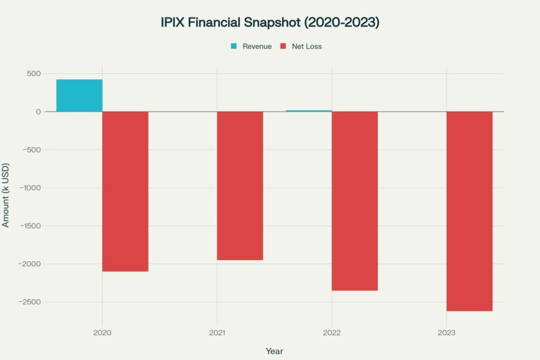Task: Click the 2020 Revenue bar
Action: click(80, 95)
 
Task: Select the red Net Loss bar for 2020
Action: click(126, 191)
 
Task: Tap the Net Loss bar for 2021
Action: click(240, 186)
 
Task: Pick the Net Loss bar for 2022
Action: click(355, 201)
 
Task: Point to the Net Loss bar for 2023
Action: click(469, 211)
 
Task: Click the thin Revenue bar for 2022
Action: click(309, 111)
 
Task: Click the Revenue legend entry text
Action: click(257, 46)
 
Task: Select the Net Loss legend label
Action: click(306, 46)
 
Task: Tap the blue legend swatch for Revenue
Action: click(234, 46)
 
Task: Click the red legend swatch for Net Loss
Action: click(283, 46)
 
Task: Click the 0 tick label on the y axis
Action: click(38, 112)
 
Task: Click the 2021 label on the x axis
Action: click(217, 333)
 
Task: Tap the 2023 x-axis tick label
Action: click(447, 333)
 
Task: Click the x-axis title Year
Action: click(274, 351)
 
